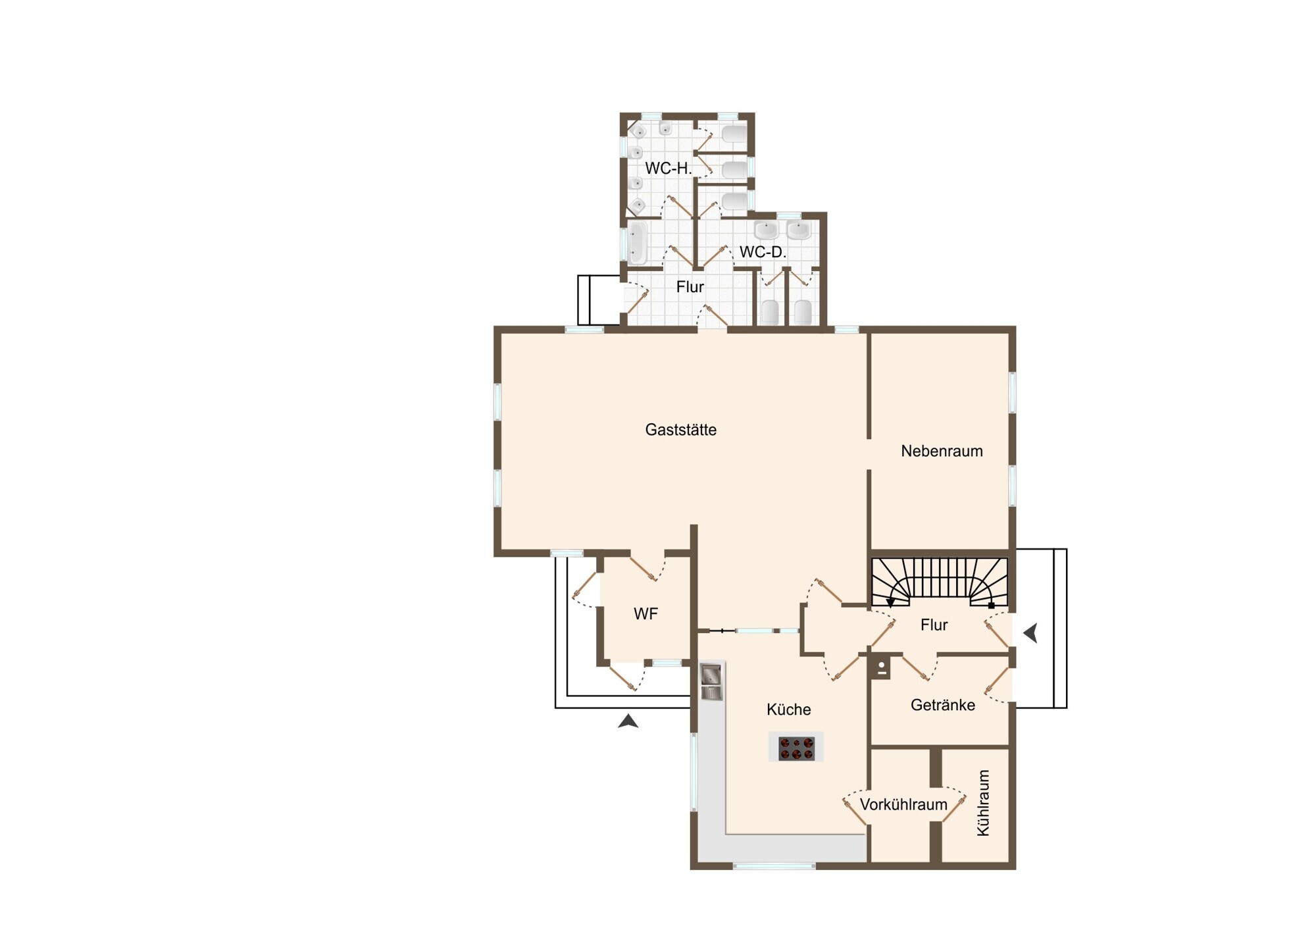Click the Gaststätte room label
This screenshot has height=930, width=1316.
pyautogui.click(x=680, y=430)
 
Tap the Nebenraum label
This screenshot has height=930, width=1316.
pyautogui.click(x=942, y=451)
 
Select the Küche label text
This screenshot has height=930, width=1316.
pyautogui.click(x=788, y=710)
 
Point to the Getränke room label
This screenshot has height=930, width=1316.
pyautogui.click(x=943, y=705)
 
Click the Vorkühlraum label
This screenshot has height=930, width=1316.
pyautogui.click(x=903, y=804)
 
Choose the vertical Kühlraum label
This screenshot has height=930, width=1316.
pyautogui.click(x=983, y=803)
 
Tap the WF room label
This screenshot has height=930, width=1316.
pyautogui.click(x=645, y=614)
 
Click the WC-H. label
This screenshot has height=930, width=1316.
pyautogui.click(x=668, y=168)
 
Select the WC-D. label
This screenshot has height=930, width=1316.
pyautogui.click(x=763, y=252)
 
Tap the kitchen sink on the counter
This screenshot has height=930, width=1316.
pyautogui.click(x=711, y=681)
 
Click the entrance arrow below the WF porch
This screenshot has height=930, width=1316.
pyautogui.click(x=628, y=721)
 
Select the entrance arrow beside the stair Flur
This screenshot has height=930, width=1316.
pyautogui.click(x=1030, y=633)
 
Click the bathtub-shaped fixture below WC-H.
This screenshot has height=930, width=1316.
pyautogui.click(x=637, y=244)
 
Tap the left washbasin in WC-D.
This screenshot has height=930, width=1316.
pyautogui.click(x=766, y=230)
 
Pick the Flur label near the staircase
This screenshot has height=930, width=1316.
pyautogui.click(x=934, y=625)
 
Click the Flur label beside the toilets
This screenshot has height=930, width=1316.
pyautogui.click(x=690, y=287)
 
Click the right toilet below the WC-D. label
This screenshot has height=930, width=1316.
pyautogui.click(x=803, y=312)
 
